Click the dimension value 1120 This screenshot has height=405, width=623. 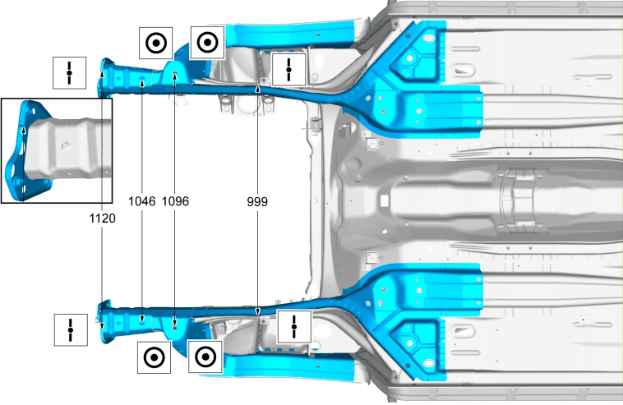(x=103, y=219)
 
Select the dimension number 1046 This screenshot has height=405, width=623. (x=142, y=201)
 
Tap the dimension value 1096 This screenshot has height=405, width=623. (x=175, y=201)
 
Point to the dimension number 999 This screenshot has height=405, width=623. (x=257, y=202)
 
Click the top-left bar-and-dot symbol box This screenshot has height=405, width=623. (x=70, y=73)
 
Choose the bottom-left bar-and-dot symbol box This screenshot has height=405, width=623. (x=71, y=330)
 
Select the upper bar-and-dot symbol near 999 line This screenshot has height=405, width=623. (x=288, y=70)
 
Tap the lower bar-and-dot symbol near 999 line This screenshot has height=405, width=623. (x=294, y=327)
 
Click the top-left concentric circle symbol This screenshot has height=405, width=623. (x=156, y=43)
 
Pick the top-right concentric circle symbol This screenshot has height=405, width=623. (x=207, y=43)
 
